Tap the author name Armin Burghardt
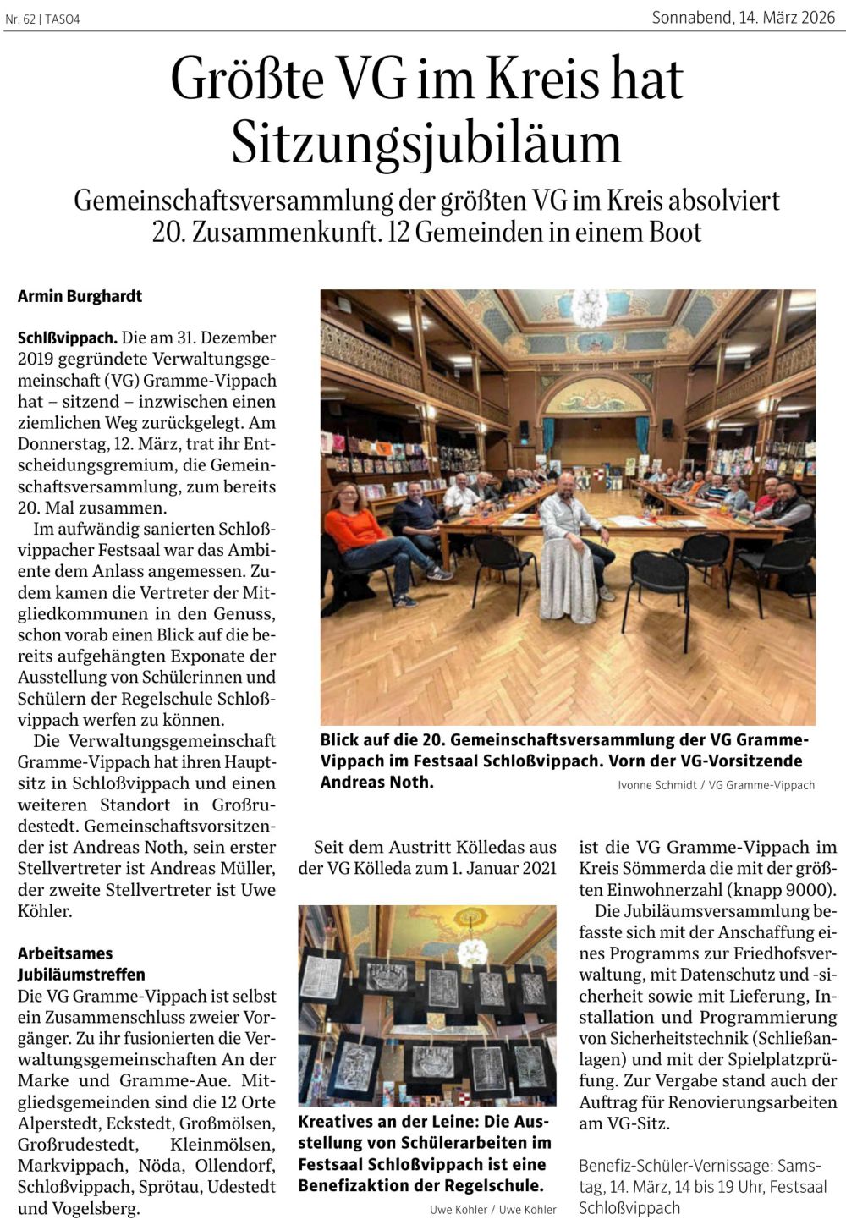click(x=80, y=296)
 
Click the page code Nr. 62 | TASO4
click(x=42, y=19)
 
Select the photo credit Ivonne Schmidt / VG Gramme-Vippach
click(x=716, y=785)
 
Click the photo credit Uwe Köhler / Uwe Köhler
click(x=492, y=1210)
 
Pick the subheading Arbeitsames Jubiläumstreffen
click(x=81, y=964)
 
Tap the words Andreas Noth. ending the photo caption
click(x=376, y=782)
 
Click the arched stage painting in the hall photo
click(x=592, y=396)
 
